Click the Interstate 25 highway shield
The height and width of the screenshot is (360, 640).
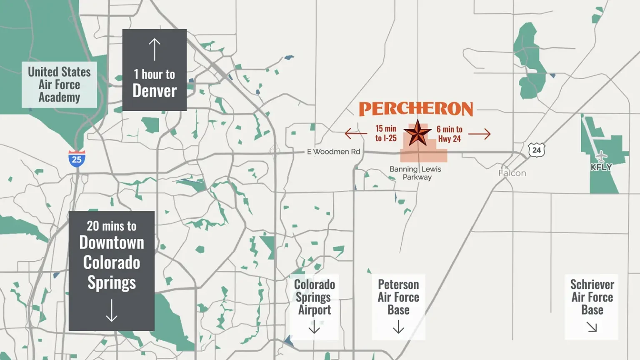point(77,159)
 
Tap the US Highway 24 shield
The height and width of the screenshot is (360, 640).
point(536,150)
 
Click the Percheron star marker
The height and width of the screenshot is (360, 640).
point(417,133)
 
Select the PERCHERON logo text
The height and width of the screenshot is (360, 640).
point(416,109)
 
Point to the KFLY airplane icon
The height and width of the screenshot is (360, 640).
point(601,156)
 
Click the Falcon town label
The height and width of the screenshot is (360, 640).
point(512,173)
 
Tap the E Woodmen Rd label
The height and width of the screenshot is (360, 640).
point(333,152)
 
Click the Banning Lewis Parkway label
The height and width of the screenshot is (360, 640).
point(415,173)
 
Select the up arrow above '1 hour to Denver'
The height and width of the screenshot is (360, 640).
point(155,49)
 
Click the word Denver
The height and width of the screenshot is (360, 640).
point(155,91)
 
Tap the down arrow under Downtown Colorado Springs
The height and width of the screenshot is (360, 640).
point(111,310)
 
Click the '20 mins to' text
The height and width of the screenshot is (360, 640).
point(111,226)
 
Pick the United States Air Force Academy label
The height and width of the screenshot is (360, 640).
point(59,85)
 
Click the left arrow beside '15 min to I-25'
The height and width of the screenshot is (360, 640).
point(355,134)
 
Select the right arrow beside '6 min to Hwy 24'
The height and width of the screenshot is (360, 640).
point(479,134)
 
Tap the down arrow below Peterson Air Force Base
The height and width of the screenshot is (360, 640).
point(398,327)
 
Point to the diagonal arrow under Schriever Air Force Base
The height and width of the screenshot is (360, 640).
point(592,327)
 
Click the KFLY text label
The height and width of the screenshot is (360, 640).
point(601,167)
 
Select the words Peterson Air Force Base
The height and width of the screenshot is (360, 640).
point(398,297)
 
